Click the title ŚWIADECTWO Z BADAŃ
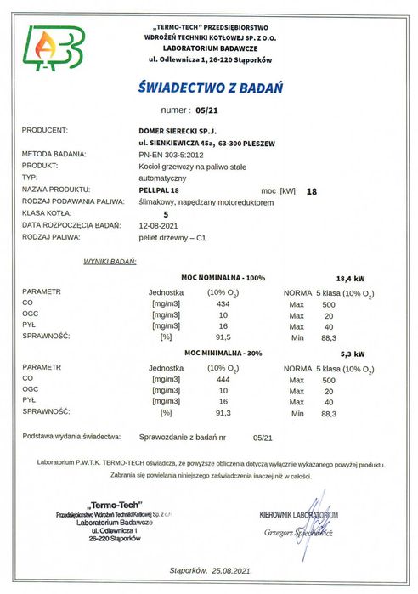pos(209,87)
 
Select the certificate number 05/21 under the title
pos(206,110)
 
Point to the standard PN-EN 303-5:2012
pos(171,155)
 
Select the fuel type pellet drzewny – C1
pos(172,239)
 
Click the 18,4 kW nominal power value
pos(351,278)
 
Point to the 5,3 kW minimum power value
pos(351,353)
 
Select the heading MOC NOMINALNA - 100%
pos(224,278)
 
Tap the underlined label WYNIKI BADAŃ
pos(110,263)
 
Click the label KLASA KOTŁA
pos(48,215)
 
